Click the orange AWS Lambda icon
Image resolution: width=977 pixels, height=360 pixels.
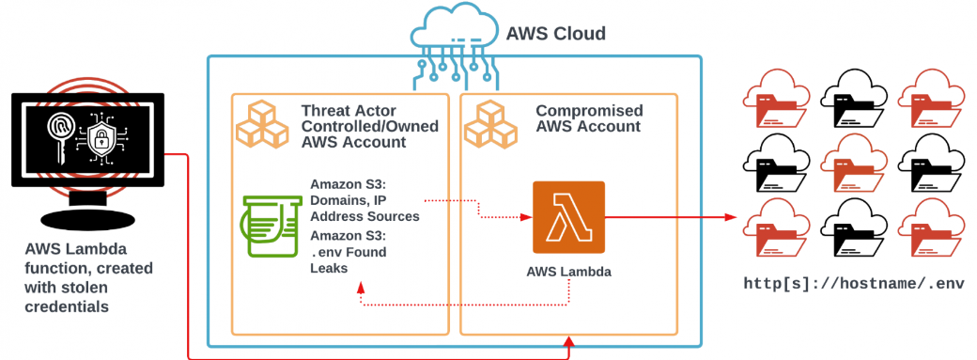pyautogui.click(x=568, y=217)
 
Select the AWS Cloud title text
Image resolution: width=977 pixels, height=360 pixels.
pyautogui.click(x=555, y=33)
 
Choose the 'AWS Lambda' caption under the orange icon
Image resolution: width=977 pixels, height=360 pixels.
pyautogui.click(x=569, y=272)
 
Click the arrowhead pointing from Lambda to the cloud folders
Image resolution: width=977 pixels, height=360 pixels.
pyautogui.click(x=731, y=217)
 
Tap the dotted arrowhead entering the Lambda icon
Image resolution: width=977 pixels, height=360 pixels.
pyautogui.click(x=526, y=217)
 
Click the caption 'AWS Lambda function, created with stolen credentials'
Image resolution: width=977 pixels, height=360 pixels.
pyautogui.click(x=88, y=277)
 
